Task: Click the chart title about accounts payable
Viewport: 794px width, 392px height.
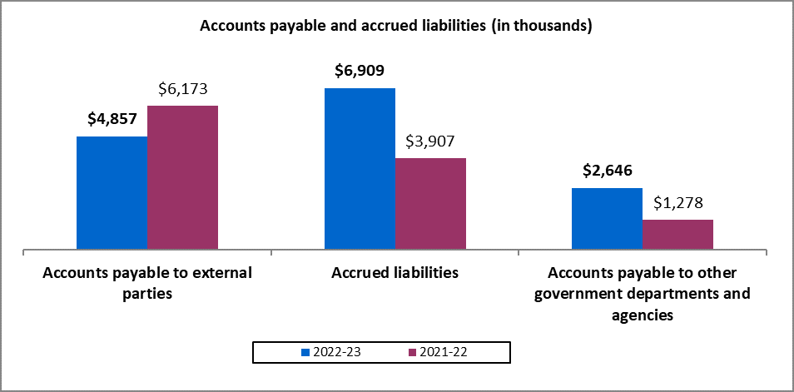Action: (x=395, y=26)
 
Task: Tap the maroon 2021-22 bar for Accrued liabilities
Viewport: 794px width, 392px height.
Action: (x=430, y=203)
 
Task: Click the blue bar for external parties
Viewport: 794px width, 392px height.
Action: (x=112, y=192)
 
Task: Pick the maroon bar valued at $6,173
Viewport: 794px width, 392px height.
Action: (x=182, y=177)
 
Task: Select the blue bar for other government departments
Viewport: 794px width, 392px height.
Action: (x=607, y=218)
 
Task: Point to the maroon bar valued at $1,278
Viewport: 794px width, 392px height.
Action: (x=677, y=234)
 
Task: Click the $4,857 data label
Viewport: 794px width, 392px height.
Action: (x=112, y=119)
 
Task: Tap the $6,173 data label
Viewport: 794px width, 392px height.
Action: (x=182, y=88)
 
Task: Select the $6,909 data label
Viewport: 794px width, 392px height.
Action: (x=360, y=71)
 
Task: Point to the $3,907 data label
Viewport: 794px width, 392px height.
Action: (x=430, y=141)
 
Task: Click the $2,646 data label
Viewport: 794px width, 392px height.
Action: (x=607, y=171)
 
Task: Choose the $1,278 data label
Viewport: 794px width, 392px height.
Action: (x=677, y=203)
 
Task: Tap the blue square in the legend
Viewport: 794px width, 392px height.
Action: (x=305, y=352)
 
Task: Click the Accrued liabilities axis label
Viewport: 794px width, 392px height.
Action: (x=395, y=273)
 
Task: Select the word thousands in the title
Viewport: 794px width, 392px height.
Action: (x=544, y=26)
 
